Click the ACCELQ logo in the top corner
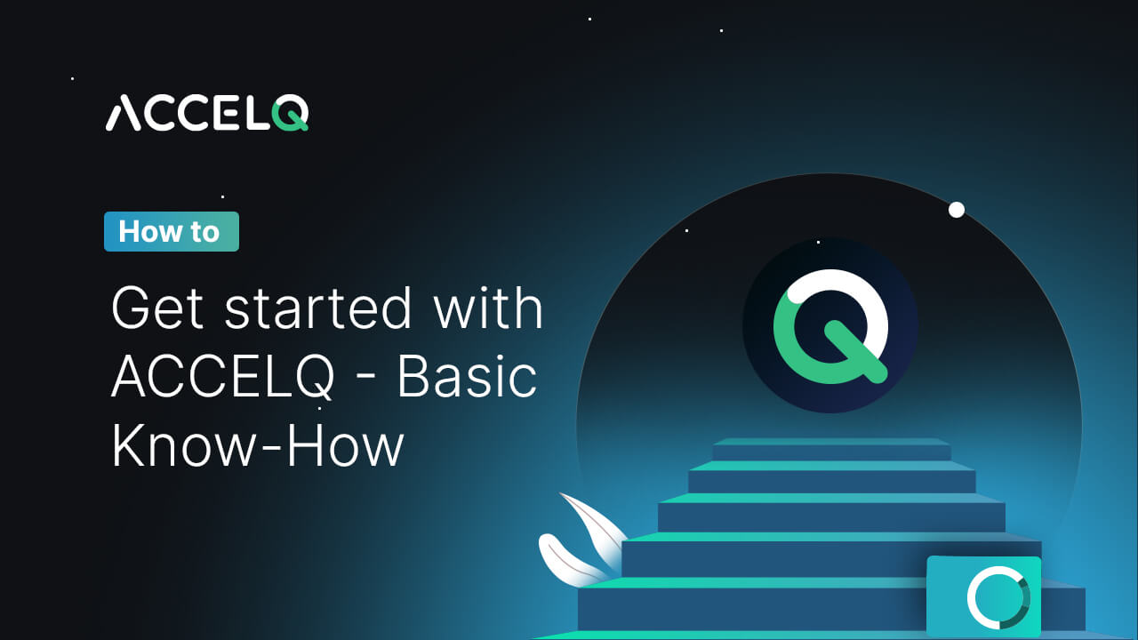[x=207, y=114]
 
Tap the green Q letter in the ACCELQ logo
[x=291, y=114]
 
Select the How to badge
[x=171, y=231]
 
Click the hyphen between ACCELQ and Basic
[x=366, y=380]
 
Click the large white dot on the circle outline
[x=957, y=210]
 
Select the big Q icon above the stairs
[x=829, y=325]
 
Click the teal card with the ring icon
[x=983, y=596]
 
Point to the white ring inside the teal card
[x=998, y=596]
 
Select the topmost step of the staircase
[x=831, y=448]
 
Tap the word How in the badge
[x=146, y=231]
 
